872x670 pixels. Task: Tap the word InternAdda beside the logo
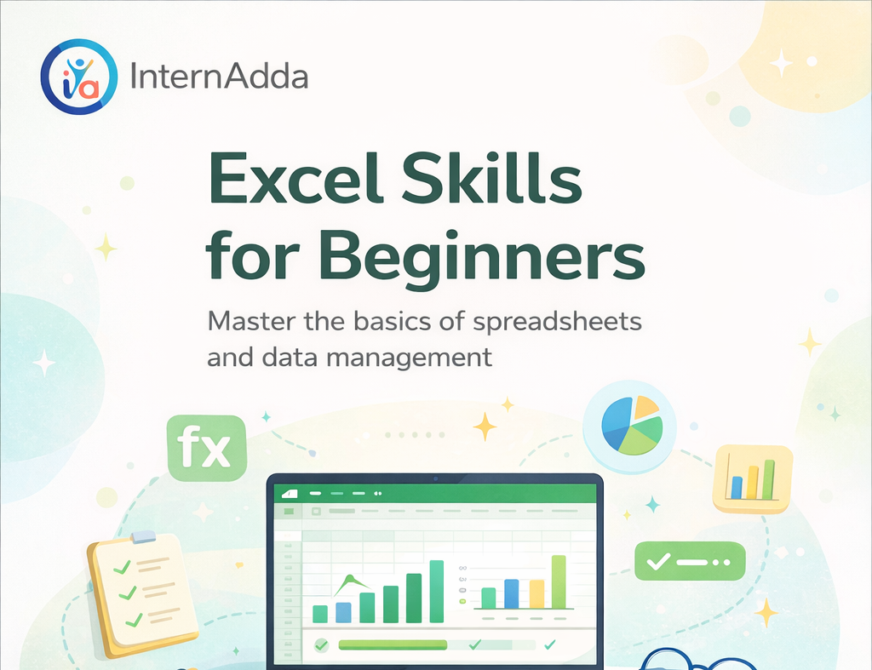(x=219, y=77)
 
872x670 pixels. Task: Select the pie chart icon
(x=631, y=425)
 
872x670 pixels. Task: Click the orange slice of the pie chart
(x=646, y=407)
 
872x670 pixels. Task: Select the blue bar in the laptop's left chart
(x=343, y=612)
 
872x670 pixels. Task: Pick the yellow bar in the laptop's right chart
(x=536, y=594)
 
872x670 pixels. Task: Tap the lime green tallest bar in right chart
(x=559, y=582)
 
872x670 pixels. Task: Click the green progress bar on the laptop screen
(x=393, y=644)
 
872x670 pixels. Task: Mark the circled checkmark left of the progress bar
(x=321, y=644)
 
